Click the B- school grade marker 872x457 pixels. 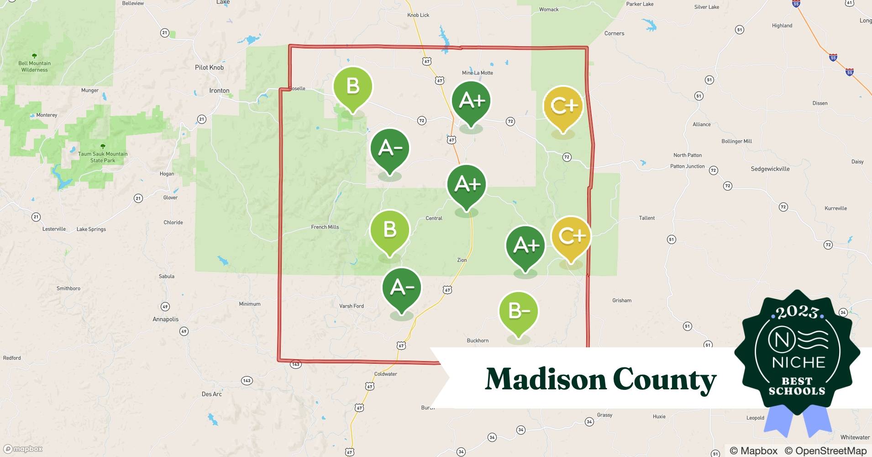click(x=519, y=312)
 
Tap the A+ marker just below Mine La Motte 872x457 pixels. click(x=471, y=101)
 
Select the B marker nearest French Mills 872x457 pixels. click(x=389, y=229)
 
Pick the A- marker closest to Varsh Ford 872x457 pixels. click(x=402, y=287)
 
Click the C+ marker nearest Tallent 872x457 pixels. click(x=571, y=236)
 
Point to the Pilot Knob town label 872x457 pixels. click(x=209, y=68)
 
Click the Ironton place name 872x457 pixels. click(x=219, y=90)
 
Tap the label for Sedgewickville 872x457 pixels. click(x=770, y=169)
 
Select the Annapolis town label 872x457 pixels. click(x=165, y=319)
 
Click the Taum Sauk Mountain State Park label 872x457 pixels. click(x=103, y=157)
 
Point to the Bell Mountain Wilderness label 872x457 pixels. click(x=34, y=67)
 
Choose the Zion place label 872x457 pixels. click(x=462, y=260)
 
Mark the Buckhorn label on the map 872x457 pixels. click(x=478, y=340)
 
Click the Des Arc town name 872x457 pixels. click(x=212, y=394)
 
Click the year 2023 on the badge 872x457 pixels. click(x=797, y=313)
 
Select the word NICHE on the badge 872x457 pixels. click(x=798, y=363)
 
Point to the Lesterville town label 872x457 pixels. click(x=54, y=229)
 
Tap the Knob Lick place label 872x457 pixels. click(x=418, y=15)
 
